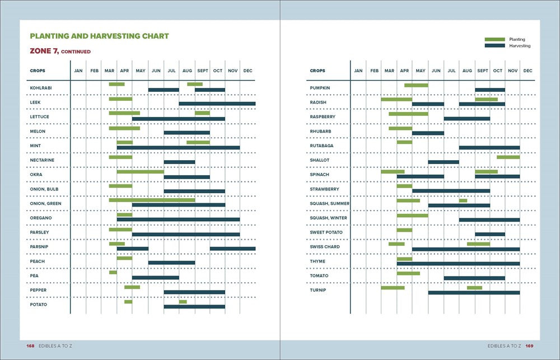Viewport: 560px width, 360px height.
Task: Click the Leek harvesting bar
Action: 217,104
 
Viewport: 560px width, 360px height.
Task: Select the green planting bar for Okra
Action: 140,172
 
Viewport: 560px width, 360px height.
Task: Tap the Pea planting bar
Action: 113,273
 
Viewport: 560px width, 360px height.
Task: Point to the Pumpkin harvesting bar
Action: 490,90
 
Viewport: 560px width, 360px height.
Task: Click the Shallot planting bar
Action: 508,157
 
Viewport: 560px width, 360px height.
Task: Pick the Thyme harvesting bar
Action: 458,263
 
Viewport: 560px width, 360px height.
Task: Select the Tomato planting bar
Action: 408,273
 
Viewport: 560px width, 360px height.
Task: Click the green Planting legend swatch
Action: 494,39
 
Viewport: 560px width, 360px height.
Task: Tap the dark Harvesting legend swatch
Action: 494,46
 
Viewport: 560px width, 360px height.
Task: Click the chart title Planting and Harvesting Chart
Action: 99,36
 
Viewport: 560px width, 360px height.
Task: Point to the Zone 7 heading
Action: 60,52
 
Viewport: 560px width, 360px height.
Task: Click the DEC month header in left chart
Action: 248,71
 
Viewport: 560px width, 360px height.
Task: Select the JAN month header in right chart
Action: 358,71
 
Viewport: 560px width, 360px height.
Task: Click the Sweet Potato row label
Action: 326,232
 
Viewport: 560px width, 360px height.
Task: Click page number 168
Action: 30,346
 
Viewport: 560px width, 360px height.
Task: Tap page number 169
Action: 529,346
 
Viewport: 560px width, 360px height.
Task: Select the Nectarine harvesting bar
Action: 179,162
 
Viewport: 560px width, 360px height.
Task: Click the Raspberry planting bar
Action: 408,114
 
